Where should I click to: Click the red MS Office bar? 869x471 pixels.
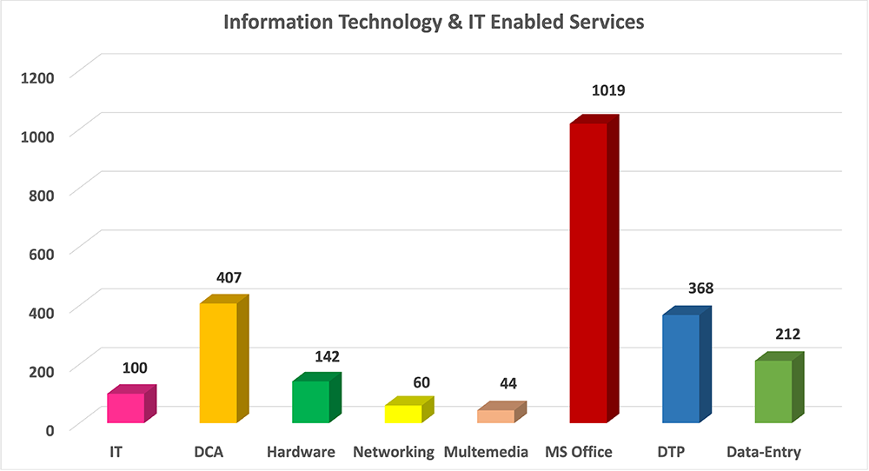[x=587, y=273]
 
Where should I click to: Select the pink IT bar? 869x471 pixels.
[x=126, y=408]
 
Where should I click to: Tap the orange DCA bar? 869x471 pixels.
[x=218, y=362]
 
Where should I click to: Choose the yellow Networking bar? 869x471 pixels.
[x=403, y=414]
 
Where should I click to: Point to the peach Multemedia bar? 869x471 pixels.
[x=495, y=416]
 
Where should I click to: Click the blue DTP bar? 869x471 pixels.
[x=680, y=368]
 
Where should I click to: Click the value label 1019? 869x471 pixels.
[x=608, y=90]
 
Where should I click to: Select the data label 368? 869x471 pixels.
[x=695, y=288]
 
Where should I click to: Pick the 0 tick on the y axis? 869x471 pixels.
[x=50, y=428]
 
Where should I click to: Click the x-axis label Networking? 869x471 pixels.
[x=394, y=452]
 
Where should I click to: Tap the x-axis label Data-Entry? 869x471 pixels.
[x=764, y=452]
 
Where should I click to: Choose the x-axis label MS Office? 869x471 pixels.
[x=579, y=452]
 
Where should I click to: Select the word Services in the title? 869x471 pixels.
[x=603, y=23]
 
